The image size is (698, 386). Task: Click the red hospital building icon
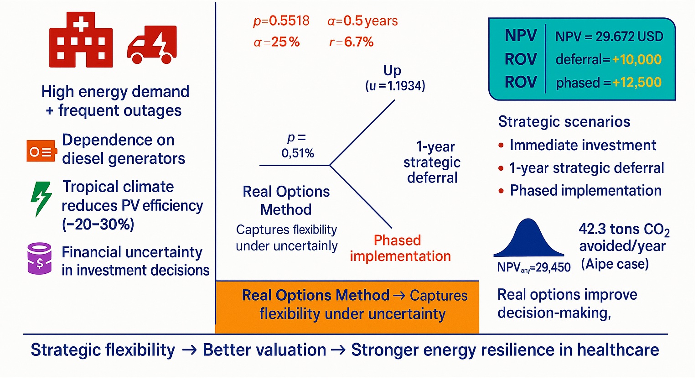coord(81,40)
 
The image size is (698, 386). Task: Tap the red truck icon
coord(152,45)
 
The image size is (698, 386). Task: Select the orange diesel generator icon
coord(41,151)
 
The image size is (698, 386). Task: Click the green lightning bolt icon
coord(41,198)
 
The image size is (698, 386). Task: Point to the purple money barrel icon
coord(40,258)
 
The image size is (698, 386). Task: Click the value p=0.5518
coord(281,21)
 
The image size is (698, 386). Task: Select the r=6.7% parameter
coord(351,42)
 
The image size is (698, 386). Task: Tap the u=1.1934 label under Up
coord(395,86)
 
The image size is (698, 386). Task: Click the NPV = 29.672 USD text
coord(609,37)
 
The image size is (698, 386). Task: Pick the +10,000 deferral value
coord(636,59)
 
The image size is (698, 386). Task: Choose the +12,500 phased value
coord(636,83)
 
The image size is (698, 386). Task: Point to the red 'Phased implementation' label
coord(400,248)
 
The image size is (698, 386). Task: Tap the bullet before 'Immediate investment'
coord(501,146)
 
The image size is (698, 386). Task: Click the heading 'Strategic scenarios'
coord(564,122)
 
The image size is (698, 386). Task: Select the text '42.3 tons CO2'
coord(624,229)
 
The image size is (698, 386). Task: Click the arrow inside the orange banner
coord(399,296)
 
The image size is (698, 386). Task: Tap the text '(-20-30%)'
coord(98,224)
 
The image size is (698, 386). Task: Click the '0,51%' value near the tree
coord(298,153)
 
